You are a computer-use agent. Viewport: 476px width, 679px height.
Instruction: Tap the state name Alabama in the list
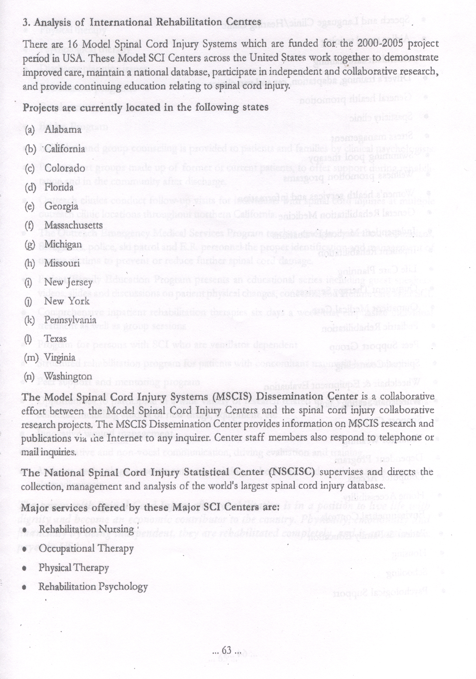click(x=63, y=129)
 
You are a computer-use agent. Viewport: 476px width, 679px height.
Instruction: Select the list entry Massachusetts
click(x=73, y=225)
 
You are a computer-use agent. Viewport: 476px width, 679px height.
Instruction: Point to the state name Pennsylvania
click(x=70, y=320)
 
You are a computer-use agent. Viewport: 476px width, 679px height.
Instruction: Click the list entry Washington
click(x=67, y=376)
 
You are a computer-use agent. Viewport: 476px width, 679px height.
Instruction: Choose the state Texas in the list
click(x=55, y=339)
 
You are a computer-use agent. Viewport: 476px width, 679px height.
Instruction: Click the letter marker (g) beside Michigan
click(x=30, y=244)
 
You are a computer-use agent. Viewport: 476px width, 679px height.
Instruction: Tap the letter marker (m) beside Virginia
click(x=31, y=357)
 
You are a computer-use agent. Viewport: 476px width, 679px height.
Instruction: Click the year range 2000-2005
click(x=376, y=43)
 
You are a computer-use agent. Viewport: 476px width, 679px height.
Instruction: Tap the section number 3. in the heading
click(x=26, y=22)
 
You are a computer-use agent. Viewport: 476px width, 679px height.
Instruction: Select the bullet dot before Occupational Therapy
click(x=25, y=549)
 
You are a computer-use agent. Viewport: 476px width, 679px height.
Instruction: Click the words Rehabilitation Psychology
click(x=93, y=587)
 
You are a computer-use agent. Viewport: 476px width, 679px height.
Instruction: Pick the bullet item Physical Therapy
click(x=74, y=568)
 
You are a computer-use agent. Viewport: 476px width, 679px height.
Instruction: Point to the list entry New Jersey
click(x=68, y=282)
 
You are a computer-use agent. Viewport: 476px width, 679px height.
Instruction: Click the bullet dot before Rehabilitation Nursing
click(x=25, y=530)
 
